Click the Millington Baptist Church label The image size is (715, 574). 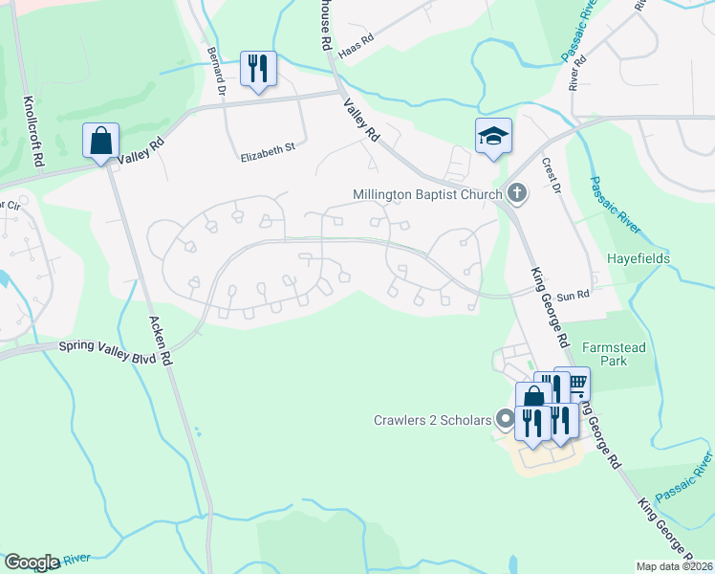(x=427, y=194)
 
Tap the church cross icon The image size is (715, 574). (x=516, y=193)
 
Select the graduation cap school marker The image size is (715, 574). (x=493, y=137)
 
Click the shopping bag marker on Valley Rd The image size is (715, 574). (x=100, y=142)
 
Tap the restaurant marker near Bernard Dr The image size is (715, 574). (x=257, y=69)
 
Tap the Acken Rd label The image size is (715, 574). (x=159, y=342)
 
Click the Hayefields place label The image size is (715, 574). (x=638, y=258)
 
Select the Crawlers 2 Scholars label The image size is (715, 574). (x=430, y=420)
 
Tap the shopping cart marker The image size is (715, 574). (x=576, y=383)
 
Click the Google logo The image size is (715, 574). (x=31, y=563)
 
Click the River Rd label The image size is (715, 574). (x=576, y=72)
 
